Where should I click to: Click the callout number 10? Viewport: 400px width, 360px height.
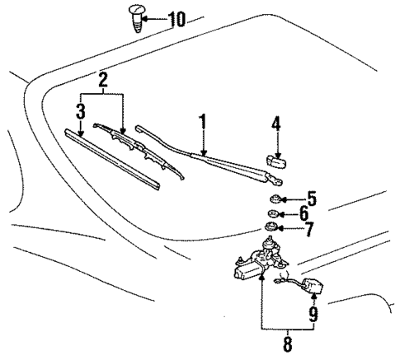pos(176,18)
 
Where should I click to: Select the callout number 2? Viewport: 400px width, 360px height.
pos(102,80)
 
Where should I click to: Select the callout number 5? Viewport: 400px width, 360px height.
pos(311,199)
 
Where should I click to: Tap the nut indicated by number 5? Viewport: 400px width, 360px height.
pos(275,199)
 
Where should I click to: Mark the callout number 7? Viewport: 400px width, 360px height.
pos(309,230)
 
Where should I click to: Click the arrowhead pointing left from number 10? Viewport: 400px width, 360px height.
pos(150,17)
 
